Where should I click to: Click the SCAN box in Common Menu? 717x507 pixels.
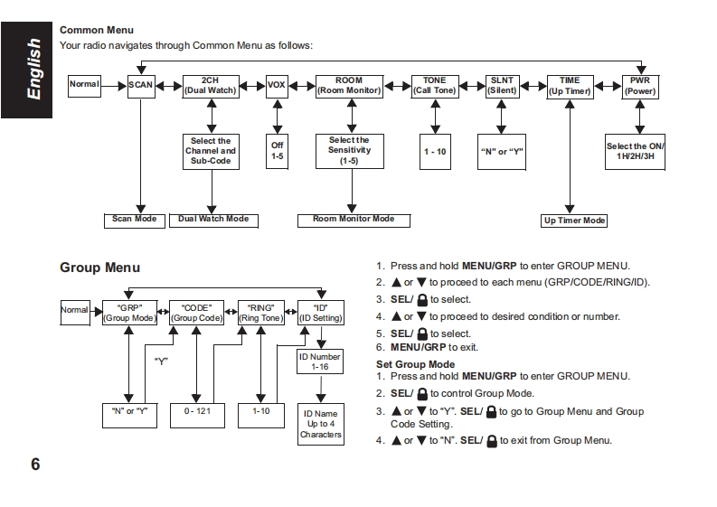(x=140, y=85)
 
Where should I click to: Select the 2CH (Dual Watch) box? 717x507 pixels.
(x=211, y=85)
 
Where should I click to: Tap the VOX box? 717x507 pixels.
(x=276, y=85)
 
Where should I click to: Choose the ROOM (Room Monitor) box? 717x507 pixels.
(x=349, y=85)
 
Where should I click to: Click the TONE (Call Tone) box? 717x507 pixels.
(x=435, y=85)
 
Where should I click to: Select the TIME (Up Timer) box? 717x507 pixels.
(x=570, y=85)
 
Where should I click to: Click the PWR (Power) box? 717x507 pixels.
(x=640, y=85)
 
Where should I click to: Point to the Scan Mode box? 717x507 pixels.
(x=134, y=220)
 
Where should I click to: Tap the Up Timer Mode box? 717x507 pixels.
(x=574, y=221)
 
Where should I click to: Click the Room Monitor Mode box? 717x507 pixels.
(x=354, y=220)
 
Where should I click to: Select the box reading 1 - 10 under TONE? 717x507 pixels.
(x=435, y=151)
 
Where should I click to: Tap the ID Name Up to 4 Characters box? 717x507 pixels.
(x=321, y=424)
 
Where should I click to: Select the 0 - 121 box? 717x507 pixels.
(x=196, y=412)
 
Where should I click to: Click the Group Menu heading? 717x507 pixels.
(x=99, y=268)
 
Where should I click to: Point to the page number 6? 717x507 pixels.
(x=34, y=465)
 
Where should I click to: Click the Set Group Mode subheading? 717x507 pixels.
(x=415, y=364)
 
